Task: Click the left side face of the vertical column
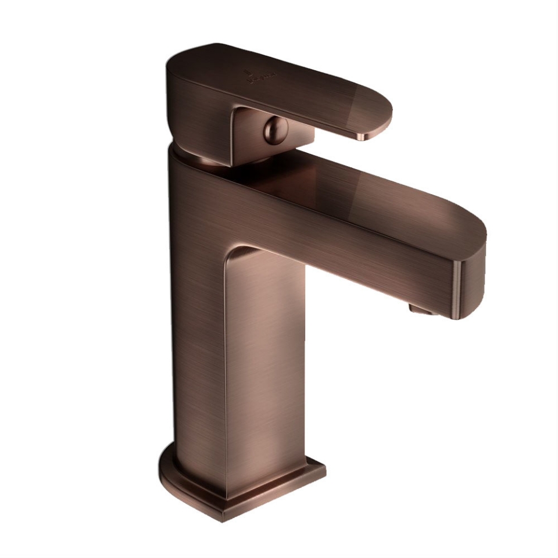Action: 198,325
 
